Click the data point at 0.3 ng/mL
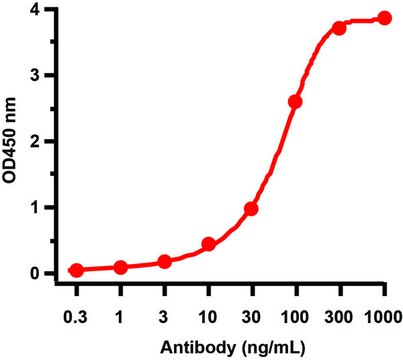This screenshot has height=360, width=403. click(x=77, y=270)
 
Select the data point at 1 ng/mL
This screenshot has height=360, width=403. click(x=120, y=268)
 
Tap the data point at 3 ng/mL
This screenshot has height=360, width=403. click(x=165, y=261)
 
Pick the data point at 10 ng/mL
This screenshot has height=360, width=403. click(x=208, y=244)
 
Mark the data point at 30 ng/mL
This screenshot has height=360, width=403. click(x=251, y=209)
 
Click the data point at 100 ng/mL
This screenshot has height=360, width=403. click(x=295, y=102)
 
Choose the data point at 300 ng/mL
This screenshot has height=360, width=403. click(x=339, y=28)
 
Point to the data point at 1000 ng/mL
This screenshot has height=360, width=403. click(x=384, y=18)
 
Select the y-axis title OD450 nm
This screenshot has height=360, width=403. click(x=11, y=142)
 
